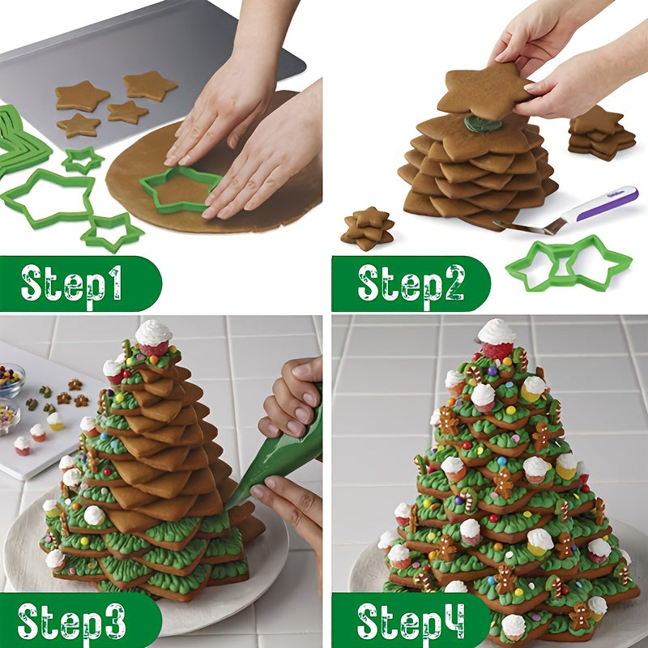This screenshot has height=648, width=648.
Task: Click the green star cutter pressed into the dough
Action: click(180, 189)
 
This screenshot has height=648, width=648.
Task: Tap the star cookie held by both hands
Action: click(486, 92)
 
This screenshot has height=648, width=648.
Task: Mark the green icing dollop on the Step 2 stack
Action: click(483, 122)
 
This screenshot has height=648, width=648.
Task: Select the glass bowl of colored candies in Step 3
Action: click(10, 381)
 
